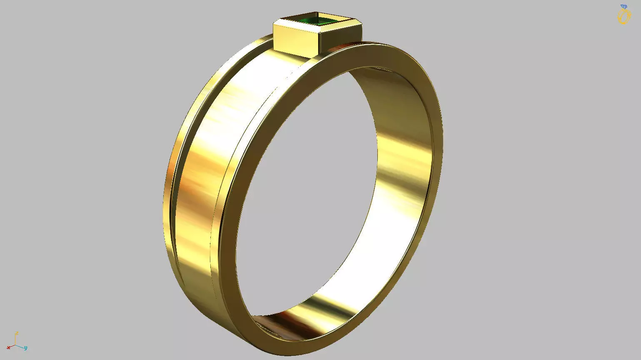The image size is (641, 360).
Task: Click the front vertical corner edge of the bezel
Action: pos(318,42)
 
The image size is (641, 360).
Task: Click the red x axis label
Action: pos(8,347)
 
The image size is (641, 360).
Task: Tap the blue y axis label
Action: pos(25,347)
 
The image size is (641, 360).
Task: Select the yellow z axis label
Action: pos(17,333)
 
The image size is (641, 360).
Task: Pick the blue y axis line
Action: pos(20,346)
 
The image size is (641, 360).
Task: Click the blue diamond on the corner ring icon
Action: pos(624,7)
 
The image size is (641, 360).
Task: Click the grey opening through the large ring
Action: pos(308,187)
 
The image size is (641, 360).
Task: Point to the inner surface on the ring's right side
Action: pos(400,167)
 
